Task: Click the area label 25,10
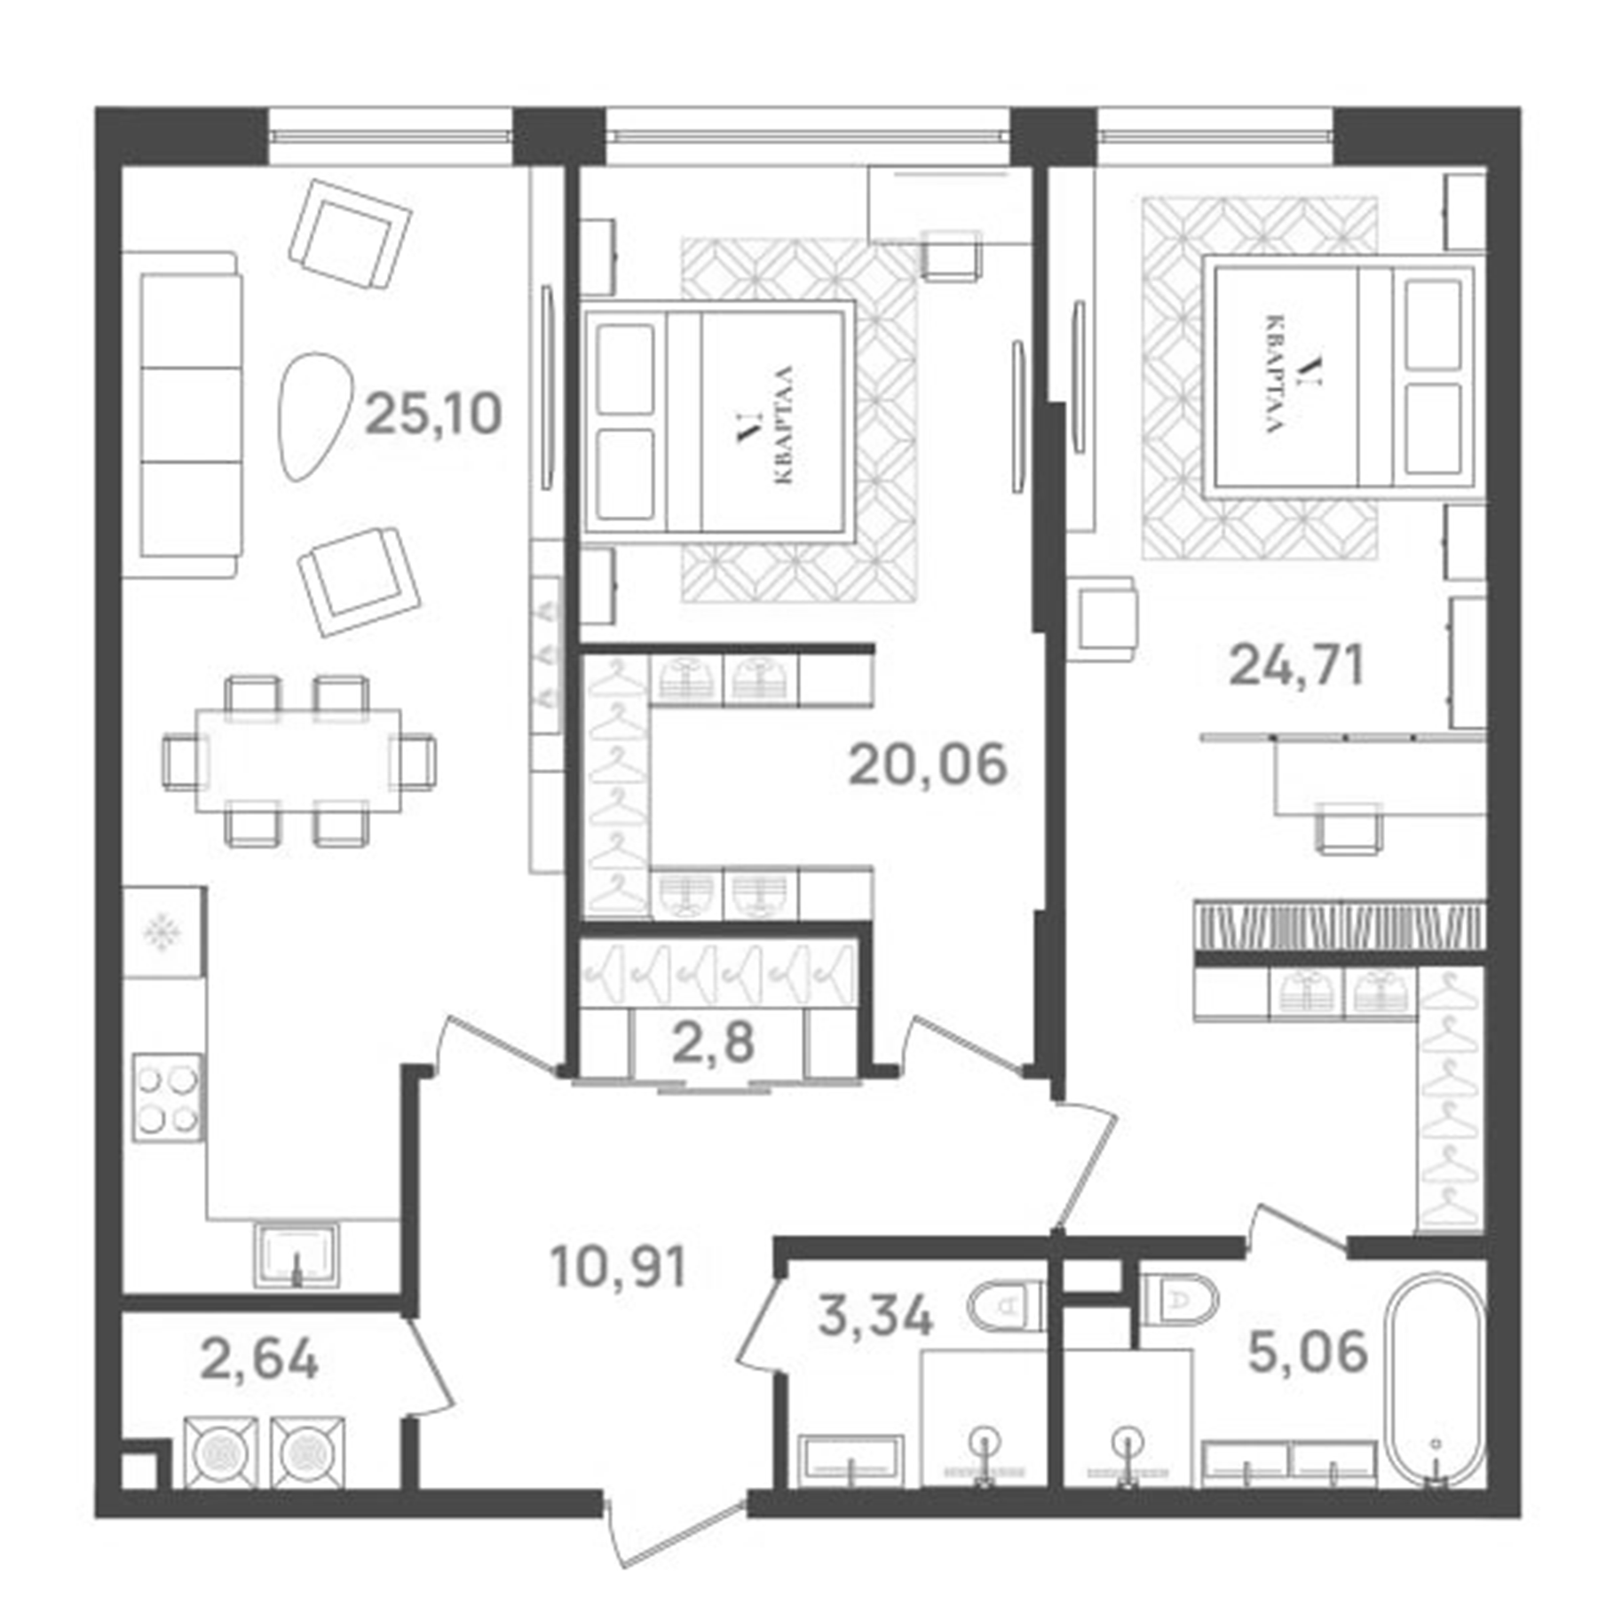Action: pos(433,415)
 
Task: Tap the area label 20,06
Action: pos(928,765)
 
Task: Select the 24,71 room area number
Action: pos(1295,666)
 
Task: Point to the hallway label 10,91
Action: pos(618,1267)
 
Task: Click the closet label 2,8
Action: pos(713,1043)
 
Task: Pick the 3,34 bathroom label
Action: pos(875,1316)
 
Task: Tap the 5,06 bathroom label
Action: pos(1308,1353)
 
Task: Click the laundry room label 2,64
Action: pos(259,1360)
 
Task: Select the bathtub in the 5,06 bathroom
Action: pos(1435,1380)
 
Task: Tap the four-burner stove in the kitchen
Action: pos(167,1097)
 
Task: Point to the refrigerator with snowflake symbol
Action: pos(164,932)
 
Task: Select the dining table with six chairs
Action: pos(298,761)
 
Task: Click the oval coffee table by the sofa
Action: pos(312,417)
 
